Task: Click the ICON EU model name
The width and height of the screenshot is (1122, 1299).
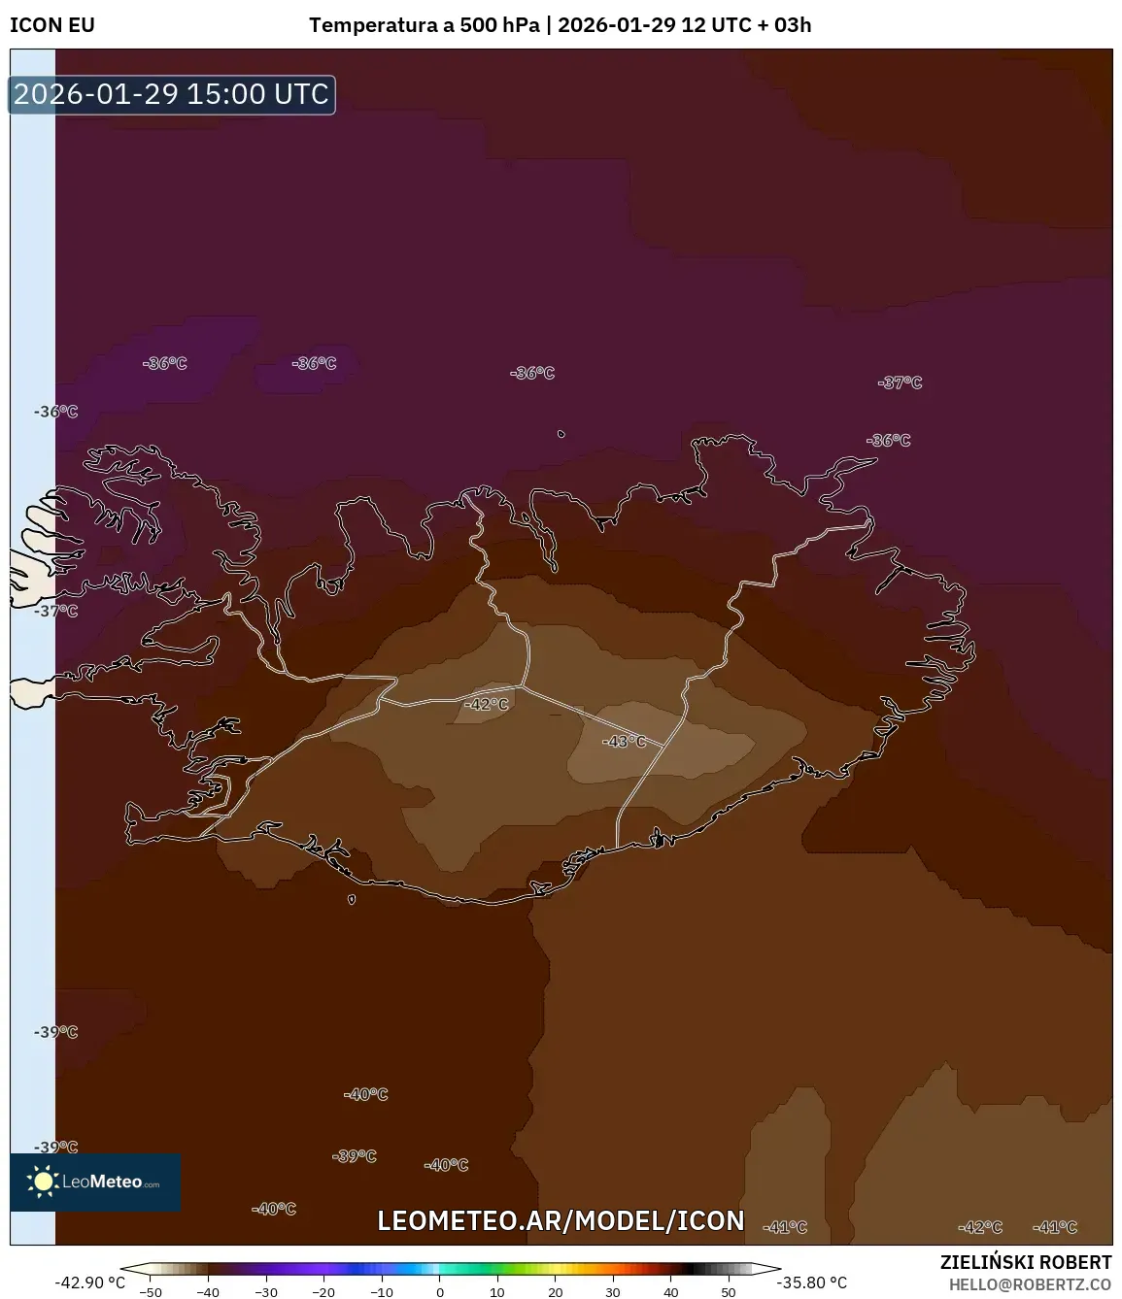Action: (52, 25)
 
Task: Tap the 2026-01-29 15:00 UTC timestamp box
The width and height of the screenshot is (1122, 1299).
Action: (172, 94)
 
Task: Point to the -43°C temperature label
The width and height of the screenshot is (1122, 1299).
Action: (624, 742)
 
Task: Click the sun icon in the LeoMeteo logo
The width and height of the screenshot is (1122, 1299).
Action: (43, 1182)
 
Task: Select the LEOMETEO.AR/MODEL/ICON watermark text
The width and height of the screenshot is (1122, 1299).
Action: (561, 1220)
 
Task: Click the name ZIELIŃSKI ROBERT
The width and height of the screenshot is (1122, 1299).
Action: (1026, 1262)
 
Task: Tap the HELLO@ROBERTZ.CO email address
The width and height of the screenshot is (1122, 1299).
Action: (1030, 1283)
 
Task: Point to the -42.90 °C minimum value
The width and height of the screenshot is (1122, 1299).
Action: (90, 1282)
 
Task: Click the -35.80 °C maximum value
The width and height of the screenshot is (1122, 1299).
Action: (812, 1282)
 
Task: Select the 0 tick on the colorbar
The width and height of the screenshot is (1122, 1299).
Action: (440, 1292)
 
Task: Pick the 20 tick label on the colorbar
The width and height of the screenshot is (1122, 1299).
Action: (556, 1292)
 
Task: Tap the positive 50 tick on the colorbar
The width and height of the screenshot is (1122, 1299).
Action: (729, 1292)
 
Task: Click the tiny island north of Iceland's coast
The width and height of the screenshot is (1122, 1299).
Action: (561, 434)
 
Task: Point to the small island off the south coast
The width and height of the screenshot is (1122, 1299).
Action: (352, 899)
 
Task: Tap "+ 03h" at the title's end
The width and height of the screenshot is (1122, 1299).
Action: (784, 25)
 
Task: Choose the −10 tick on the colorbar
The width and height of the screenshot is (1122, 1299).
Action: (382, 1292)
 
